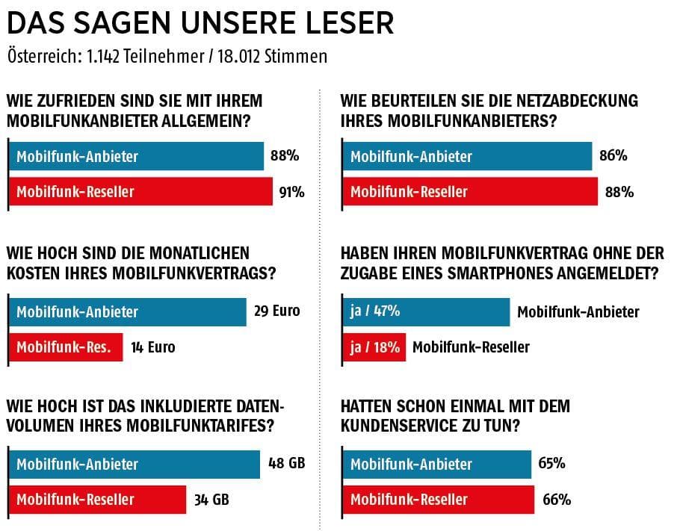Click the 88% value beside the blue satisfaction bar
click(x=285, y=156)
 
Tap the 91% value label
click(x=291, y=192)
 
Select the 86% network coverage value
click(x=613, y=156)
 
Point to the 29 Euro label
click(x=276, y=311)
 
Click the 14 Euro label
click(x=152, y=347)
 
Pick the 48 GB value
click(x=286, y=463)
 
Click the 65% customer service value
click(x=551, y=463)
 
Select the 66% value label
click(x=557, y=499)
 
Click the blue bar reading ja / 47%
click(x=426, y=311)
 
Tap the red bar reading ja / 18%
click(x=374, y=347)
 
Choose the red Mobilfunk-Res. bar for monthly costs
click(x=65, y=347)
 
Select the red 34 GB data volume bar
click(x=97, y=499)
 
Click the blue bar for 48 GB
click(x=135, y=463)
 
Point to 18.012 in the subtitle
click(x=244, y=57)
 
